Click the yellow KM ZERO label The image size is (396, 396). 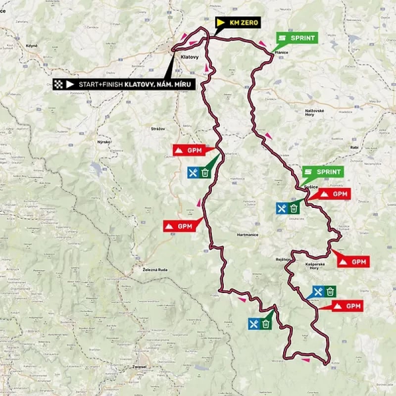point(238,23)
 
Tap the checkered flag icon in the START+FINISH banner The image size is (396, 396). point(59,84)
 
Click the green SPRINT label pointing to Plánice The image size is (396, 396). point(297,38)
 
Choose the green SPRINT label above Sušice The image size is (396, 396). point(323,172)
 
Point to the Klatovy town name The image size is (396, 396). point(190,57)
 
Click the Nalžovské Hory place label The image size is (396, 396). point(315,113)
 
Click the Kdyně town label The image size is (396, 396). point(25,46)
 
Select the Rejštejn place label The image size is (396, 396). point(282,259)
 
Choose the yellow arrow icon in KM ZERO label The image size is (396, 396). point(221,23)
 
